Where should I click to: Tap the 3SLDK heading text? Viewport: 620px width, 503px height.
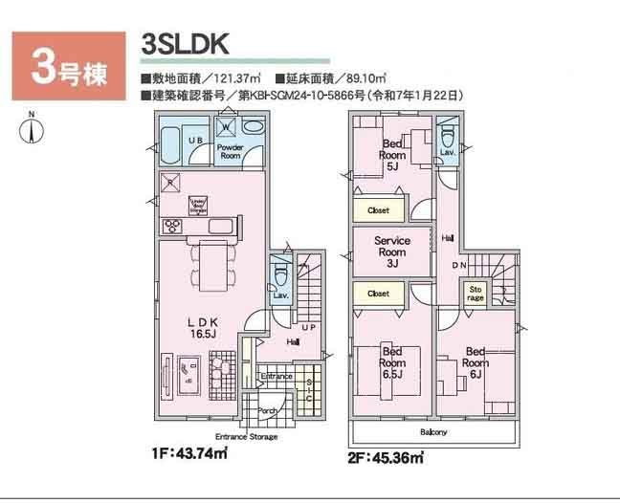pyautogui.click(x=185, y=44)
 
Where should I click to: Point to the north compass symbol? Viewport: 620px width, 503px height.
pyautogui.click(x=32, y=131)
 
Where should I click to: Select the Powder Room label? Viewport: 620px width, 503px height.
pyautogui.click(x=230, y=151)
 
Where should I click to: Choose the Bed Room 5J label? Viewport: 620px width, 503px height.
pyautogui.click(x=393, y=154)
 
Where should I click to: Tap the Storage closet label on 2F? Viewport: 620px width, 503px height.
pyautogui.click(x=476, y=293)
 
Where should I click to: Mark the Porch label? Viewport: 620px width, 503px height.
pyautogui.click(x=267, y=411)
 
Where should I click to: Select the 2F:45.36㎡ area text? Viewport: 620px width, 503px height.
pyautogui.click(x=384, y=458)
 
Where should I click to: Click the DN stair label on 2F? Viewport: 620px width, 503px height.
pyautogui.click(x=458, y=267)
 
